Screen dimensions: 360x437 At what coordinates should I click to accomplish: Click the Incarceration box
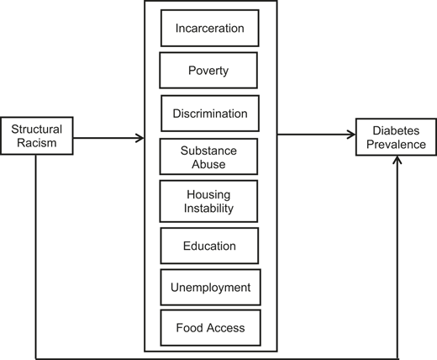(209, 29)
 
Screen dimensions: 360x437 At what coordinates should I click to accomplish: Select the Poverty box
(209, 70)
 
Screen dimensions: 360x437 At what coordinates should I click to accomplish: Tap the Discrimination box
(210, 112)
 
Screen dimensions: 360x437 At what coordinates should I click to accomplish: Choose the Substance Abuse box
(210, 156)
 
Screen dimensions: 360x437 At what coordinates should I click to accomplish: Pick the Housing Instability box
(210, 200)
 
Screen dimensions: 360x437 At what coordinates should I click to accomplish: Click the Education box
(210, 246)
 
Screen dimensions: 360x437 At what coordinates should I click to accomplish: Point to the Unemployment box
(210, 288)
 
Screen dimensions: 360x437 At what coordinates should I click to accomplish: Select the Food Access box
(210, 327)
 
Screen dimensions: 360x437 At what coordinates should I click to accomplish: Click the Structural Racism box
(36, 136)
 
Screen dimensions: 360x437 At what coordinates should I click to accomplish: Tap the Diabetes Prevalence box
(396, 136)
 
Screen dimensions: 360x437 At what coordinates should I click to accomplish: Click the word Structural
(36, 130)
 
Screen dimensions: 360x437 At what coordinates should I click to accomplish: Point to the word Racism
(36, 143)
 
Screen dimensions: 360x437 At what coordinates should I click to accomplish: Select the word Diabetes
(396, 130)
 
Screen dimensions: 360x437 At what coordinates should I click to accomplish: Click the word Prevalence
(396, 144)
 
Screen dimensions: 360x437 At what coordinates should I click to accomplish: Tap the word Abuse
(210, 163)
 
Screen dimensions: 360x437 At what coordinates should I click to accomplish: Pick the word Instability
(210, 208)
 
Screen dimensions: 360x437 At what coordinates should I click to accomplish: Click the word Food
(190, 327)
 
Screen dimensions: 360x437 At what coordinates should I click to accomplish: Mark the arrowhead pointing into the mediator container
(140, 136)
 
